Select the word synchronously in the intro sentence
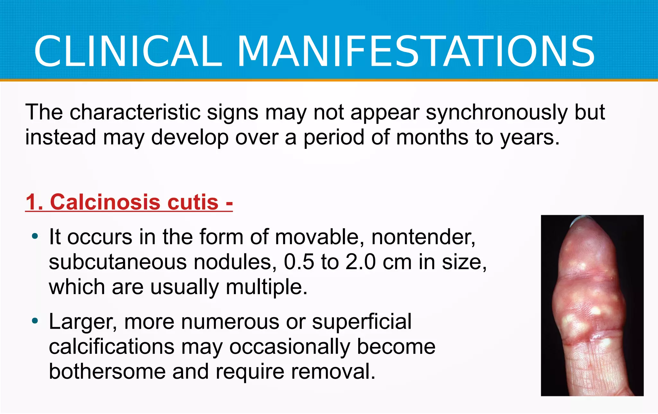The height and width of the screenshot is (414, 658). pos(497,113)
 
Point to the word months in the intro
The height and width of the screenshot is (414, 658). pos(432,137)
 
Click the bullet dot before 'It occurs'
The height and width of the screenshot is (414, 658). pos(35,237)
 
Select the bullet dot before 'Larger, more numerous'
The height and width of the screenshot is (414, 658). pos(35,321)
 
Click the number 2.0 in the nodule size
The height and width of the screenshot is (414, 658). pos(360,262)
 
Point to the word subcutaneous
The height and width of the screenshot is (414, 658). pos(118,263)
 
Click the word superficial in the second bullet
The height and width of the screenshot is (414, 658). pos(361,322)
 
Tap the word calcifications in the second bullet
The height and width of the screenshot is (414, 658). pos(111,347)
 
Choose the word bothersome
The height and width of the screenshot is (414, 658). pos(107,372)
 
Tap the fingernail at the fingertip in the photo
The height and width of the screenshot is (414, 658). pos(582,219)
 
